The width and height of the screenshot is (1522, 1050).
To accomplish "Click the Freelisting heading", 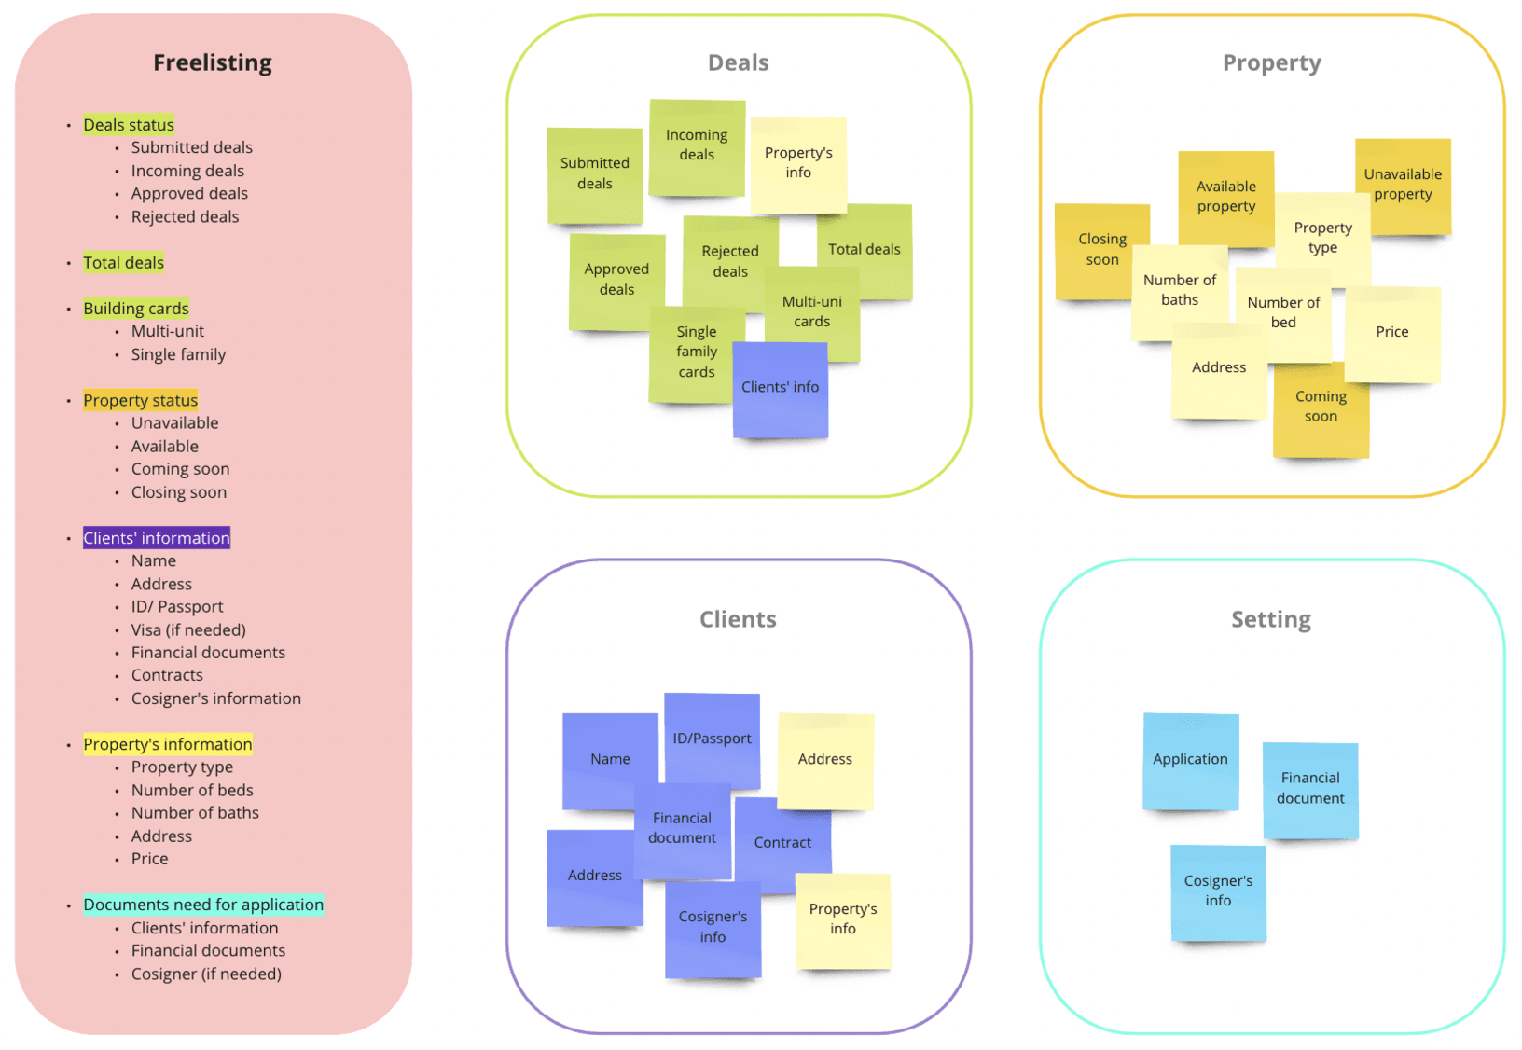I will [213, 62].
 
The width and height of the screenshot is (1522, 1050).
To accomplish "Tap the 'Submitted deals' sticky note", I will [594, 173].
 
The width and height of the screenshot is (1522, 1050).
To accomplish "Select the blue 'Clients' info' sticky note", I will [781, 388].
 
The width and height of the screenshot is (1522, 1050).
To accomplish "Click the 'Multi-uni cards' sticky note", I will [812, 311].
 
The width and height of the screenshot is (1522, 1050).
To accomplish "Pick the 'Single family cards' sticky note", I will [696, 352].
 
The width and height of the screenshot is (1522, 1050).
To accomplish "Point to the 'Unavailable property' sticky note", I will [1403, 185].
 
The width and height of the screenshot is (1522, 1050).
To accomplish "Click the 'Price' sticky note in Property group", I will [1392, 333].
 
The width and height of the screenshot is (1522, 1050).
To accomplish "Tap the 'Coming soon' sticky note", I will [1321, 408].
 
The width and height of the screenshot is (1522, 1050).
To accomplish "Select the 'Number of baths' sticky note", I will [1180, 290].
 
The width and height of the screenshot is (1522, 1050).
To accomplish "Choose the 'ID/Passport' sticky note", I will [712, 739].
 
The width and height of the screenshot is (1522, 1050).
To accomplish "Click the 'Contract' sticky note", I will [782, 843].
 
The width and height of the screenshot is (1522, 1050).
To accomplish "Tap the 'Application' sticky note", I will [1190, 760].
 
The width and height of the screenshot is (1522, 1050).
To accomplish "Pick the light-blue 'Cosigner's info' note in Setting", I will [1218, 891].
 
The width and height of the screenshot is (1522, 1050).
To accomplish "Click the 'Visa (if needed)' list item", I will [188, 630].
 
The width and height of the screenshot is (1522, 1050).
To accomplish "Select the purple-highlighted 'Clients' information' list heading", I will [157, 538].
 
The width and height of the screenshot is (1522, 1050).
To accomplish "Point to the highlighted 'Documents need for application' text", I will [203, 905].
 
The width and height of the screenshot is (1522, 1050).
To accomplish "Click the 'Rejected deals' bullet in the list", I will [185, 217].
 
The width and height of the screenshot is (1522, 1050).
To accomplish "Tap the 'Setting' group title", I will [1270, 620].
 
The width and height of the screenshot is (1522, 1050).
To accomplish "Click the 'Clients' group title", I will [738, 620].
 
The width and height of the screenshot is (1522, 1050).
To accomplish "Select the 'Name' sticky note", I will [610, 760].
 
